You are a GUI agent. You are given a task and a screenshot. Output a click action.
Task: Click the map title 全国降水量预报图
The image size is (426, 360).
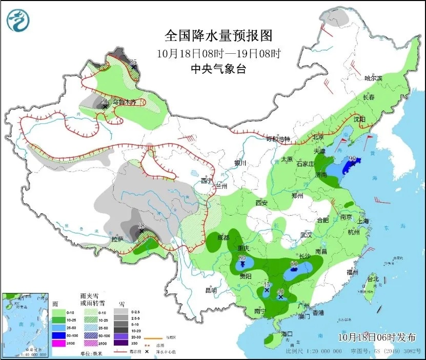point(218,36)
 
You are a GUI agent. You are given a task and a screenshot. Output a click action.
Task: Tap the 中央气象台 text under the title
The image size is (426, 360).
point(218,69)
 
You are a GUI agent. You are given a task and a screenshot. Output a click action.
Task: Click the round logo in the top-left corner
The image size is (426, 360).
point(18,20)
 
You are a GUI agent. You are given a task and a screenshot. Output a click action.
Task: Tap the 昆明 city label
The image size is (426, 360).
point(211,290)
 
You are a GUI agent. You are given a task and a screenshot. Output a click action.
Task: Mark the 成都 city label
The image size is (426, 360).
point(223,238)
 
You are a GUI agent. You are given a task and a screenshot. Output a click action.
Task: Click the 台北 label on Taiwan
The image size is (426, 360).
point(372,279)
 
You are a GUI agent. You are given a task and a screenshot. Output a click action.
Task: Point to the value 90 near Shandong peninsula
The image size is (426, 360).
point(353,159)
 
